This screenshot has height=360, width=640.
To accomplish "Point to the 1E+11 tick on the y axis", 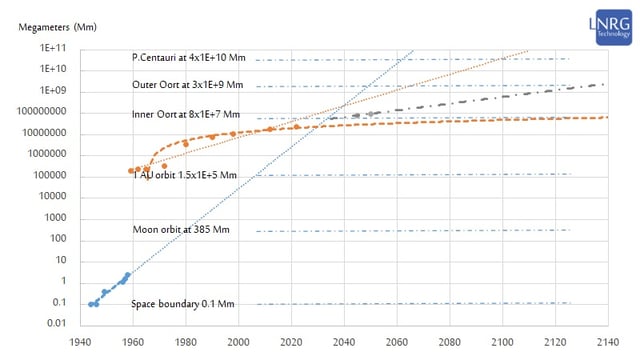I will click(x=54, y=48).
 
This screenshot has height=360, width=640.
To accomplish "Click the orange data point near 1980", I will click(x=185, y=144).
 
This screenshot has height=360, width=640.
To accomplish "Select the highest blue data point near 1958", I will click(x=127, y=274).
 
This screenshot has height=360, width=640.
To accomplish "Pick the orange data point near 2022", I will click(x=297, y=126).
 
